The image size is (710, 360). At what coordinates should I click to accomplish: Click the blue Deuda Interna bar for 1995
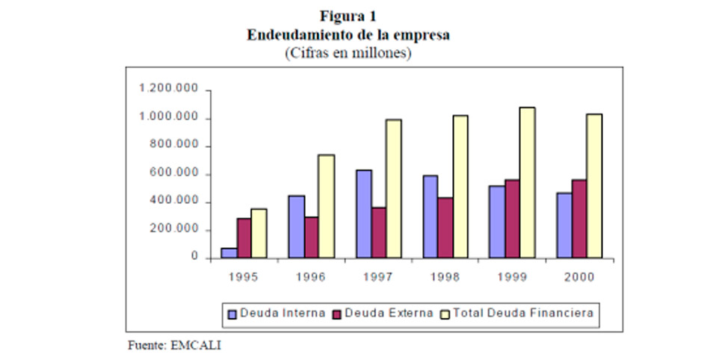(229, 253)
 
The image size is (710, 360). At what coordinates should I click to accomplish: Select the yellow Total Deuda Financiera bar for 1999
(528, 183)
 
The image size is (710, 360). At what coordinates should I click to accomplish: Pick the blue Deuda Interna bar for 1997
(363, 214)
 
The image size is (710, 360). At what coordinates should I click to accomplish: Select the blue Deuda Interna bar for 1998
(430, 217)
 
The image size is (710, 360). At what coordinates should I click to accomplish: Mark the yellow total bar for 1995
(259, 234)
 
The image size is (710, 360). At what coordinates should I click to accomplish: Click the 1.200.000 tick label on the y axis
(169, 90)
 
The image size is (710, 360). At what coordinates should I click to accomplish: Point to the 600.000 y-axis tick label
(177, 173)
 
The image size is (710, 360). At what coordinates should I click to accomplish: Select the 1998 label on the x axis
(445, 276)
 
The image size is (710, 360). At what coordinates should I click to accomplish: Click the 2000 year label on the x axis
(579, 276)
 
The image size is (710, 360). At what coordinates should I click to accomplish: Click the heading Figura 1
(348, 16)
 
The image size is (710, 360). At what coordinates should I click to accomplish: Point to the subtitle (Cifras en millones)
(348, 54)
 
